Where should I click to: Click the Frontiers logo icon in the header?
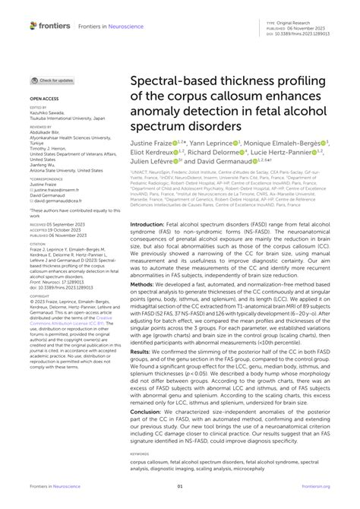pyautogui.click(x=33, y=25)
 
